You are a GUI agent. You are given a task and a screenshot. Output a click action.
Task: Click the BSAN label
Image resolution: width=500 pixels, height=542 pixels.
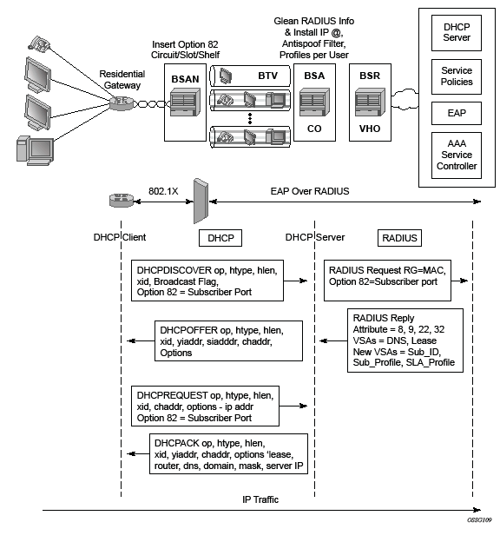point(185,79)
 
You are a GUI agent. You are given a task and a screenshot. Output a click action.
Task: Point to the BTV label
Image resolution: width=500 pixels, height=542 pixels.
point(268,76)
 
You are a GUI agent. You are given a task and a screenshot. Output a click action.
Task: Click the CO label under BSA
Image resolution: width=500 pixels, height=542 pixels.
point(314,129)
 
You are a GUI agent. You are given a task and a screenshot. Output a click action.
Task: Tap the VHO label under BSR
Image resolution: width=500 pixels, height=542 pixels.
point(370,129)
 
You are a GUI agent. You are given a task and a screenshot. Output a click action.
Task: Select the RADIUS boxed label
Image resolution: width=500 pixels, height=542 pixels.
point(399,238)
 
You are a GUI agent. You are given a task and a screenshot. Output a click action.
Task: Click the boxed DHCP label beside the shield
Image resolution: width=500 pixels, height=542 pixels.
point(220,238)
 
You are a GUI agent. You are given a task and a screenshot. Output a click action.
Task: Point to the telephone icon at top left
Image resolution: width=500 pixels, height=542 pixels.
point(39,43)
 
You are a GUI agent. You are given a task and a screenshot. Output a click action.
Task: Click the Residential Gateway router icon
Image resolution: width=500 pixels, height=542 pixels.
point(122,103)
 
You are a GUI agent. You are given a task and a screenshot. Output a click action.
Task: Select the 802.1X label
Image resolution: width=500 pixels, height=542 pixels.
point(163,191)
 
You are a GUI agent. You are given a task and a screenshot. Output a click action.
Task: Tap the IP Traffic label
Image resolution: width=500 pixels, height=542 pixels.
point(260,499)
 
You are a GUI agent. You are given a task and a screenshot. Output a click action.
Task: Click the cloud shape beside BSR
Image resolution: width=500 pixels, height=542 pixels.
point(405,99)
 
